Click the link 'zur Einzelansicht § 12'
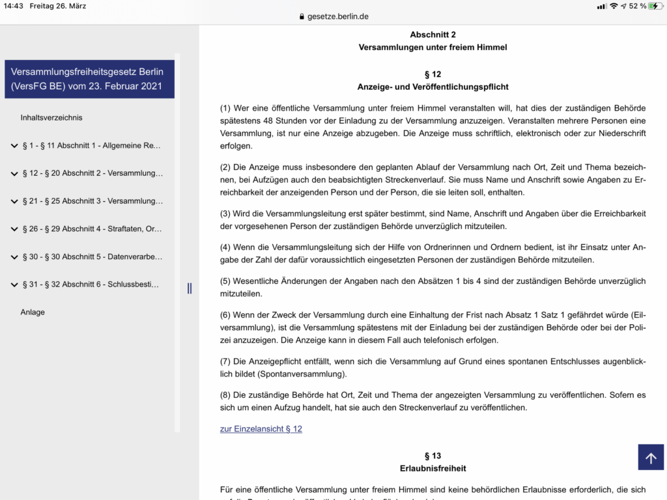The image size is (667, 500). [261, 429]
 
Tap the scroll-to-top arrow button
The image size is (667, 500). [651, 457]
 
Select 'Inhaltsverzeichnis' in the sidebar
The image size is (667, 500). [51, 118]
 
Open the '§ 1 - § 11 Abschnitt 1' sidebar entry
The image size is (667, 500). [91, 146]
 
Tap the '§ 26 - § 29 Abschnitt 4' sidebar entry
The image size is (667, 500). [92, 229]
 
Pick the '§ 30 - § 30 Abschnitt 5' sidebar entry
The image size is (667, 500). [92, 257]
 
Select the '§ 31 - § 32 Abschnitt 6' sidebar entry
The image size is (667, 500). [91, 285]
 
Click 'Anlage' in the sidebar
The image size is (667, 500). [33, 312]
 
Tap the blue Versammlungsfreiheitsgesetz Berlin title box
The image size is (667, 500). [89, 79]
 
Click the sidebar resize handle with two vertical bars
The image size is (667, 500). [190, 288]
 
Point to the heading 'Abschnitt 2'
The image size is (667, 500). [433, 35]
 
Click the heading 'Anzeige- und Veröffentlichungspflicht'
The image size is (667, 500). [433, 87]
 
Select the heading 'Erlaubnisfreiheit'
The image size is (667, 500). [433, 468]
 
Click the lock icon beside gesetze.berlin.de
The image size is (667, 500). [302, 17]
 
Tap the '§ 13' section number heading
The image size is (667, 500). [433, 456]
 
